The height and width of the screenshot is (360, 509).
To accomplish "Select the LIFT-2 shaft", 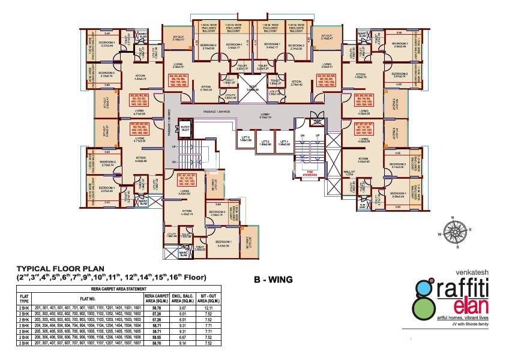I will click(x=266, y=140).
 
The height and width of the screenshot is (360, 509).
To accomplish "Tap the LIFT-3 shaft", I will click(x=246, y=140).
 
